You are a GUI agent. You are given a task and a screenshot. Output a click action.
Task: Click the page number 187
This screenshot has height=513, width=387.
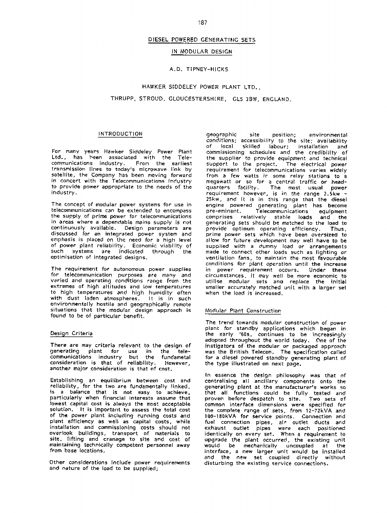(202, 23)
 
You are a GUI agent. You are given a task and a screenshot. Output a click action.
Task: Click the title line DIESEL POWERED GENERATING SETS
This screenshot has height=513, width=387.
(201, 40)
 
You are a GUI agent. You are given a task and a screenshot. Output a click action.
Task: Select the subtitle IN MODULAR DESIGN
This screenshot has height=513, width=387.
(201, 52)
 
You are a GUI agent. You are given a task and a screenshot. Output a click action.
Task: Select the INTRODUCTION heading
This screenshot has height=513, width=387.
(120, 134)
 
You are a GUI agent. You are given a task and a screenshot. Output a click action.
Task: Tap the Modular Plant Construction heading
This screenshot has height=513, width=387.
(243, 311)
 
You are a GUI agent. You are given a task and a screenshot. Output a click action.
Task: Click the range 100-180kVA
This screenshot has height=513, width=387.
(223, 417)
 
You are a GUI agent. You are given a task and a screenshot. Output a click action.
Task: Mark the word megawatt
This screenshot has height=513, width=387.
(221, 182)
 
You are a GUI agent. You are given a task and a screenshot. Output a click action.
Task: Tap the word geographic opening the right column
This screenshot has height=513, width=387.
(221, 135)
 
